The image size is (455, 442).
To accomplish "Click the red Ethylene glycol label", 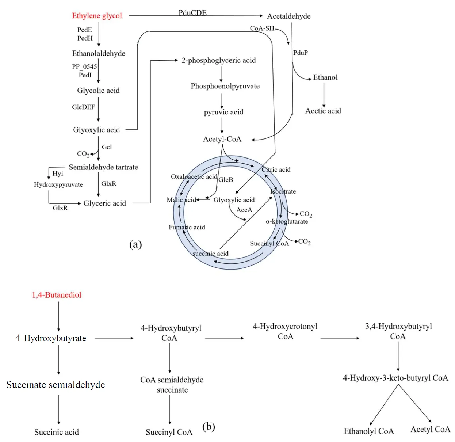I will coord(97,16).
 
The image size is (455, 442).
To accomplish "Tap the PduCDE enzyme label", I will coord(192,13).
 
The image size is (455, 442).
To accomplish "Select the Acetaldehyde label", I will coord(289,16).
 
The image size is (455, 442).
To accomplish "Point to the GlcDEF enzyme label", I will coord(83,107).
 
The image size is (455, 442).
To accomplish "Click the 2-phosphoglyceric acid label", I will coord(218,60).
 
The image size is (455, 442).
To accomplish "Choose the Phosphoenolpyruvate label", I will coord(225,86).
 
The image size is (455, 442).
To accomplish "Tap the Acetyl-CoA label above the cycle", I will coord(222,139).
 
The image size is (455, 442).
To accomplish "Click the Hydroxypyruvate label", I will coord(58,184).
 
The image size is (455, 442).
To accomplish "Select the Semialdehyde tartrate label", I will coord(103,167).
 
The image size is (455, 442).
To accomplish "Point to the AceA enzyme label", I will coord(244,210).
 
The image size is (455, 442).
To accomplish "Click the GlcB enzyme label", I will coord(226,180).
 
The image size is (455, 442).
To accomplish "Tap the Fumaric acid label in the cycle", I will coord(187,227).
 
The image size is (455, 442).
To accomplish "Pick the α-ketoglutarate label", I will coord(287,221).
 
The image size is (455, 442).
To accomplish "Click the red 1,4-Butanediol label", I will coord(57,295).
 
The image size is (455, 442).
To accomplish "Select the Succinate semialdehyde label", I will coord(56,385).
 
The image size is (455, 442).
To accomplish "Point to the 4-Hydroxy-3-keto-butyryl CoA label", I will coord(395,378).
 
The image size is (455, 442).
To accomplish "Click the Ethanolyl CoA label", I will coord(369,431).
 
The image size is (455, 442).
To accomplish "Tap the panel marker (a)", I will coord(135,244).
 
